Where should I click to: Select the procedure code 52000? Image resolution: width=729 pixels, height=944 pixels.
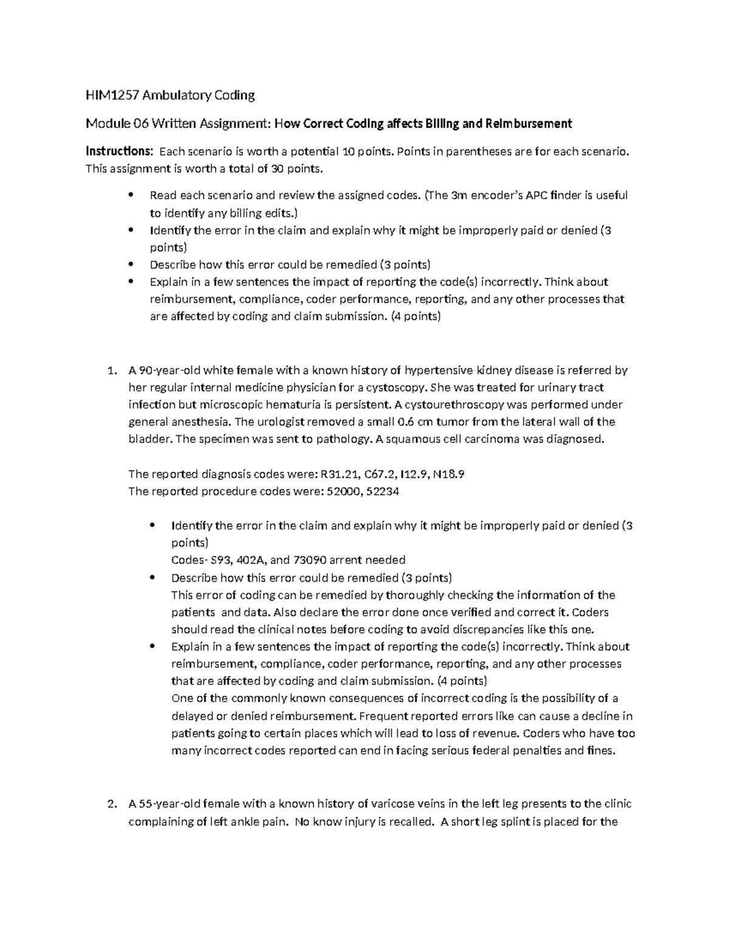click(x=341, y=491)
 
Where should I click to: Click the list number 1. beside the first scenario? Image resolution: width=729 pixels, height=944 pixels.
click(x=111, y=371)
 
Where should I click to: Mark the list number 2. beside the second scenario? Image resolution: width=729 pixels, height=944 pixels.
click(x=111, y=804)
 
